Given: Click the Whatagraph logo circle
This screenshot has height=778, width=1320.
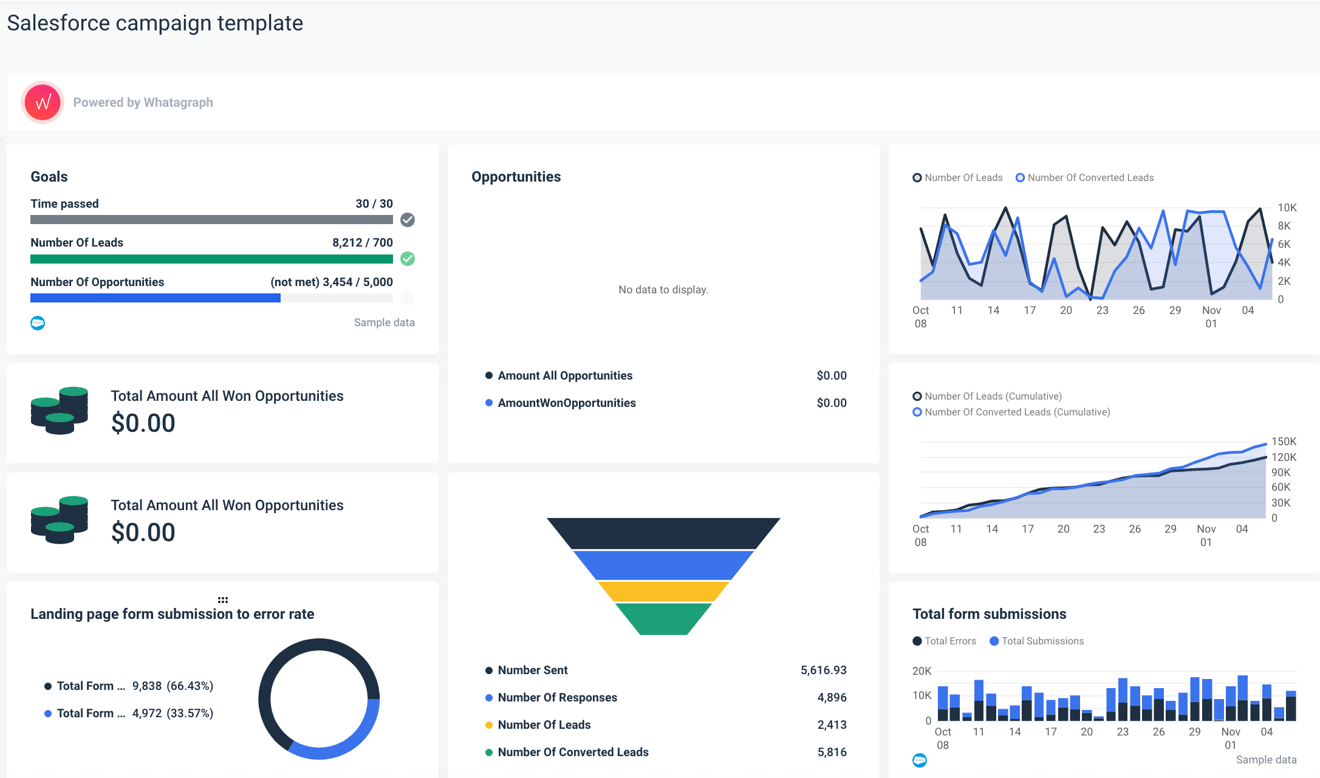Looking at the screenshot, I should click(43, 102).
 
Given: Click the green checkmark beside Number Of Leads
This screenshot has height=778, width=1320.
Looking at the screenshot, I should click(408, 259).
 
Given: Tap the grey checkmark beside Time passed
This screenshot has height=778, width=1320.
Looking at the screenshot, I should click(408, 220).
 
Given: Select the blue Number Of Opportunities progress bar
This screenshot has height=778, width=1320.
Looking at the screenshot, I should click(156, 298).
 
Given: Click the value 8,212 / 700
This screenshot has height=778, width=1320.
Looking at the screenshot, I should click(362, 242).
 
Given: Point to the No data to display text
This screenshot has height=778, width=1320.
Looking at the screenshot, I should click(663, 290).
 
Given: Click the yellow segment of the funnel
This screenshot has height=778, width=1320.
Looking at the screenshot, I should click(663, 591).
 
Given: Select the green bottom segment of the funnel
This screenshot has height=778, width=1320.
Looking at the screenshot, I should click(663, 618).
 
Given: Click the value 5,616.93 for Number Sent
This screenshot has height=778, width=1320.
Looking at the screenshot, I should click(823, 670).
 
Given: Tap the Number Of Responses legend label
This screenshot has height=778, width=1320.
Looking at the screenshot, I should click(557, 697).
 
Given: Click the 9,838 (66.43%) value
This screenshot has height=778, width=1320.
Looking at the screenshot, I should click(173, 686).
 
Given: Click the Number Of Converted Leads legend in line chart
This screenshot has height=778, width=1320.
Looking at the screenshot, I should click(1090, 177).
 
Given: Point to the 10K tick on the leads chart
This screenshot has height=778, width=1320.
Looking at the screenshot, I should click(1287, 208).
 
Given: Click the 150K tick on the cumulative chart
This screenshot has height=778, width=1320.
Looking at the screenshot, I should click(1284, 442).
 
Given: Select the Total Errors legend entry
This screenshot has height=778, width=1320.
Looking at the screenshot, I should click(949, 641).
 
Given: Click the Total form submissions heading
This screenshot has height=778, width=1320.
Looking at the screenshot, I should click(989, 614).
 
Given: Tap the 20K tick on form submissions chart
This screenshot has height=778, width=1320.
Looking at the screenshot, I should click(922, 671).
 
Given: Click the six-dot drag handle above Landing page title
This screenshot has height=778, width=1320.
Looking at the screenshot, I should click(223, 599).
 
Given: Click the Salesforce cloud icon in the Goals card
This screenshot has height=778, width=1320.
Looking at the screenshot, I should click(38, 323).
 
